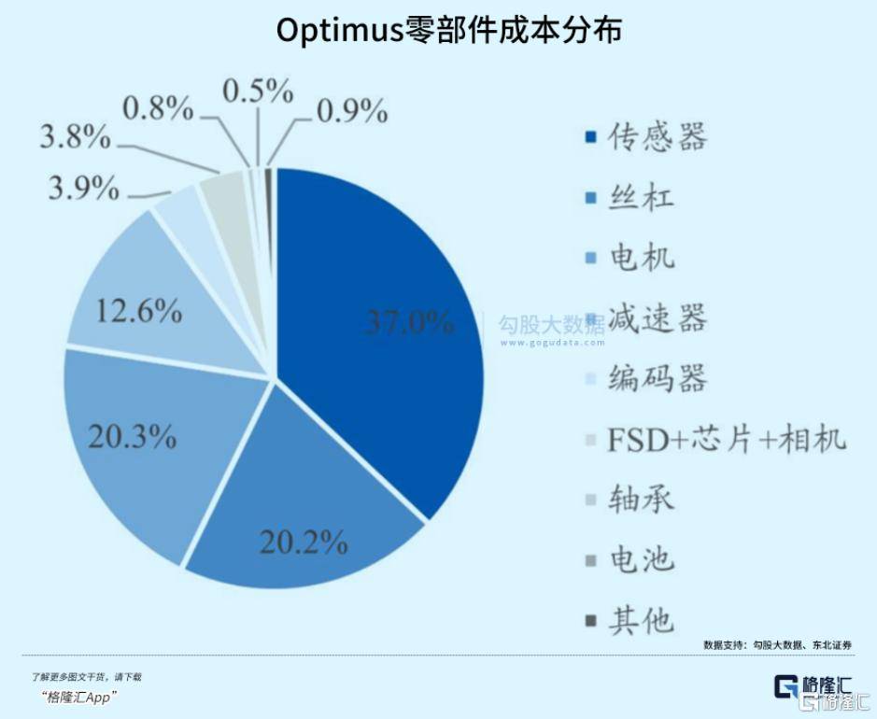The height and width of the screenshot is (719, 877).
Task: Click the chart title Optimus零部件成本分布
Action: click(449, 31)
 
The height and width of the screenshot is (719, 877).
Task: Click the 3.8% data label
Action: click(75, 138)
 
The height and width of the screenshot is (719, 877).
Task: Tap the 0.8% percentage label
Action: click(158, 109)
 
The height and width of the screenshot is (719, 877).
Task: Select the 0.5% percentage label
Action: click(258, 91)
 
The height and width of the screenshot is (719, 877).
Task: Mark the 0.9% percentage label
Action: click(352, 111)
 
